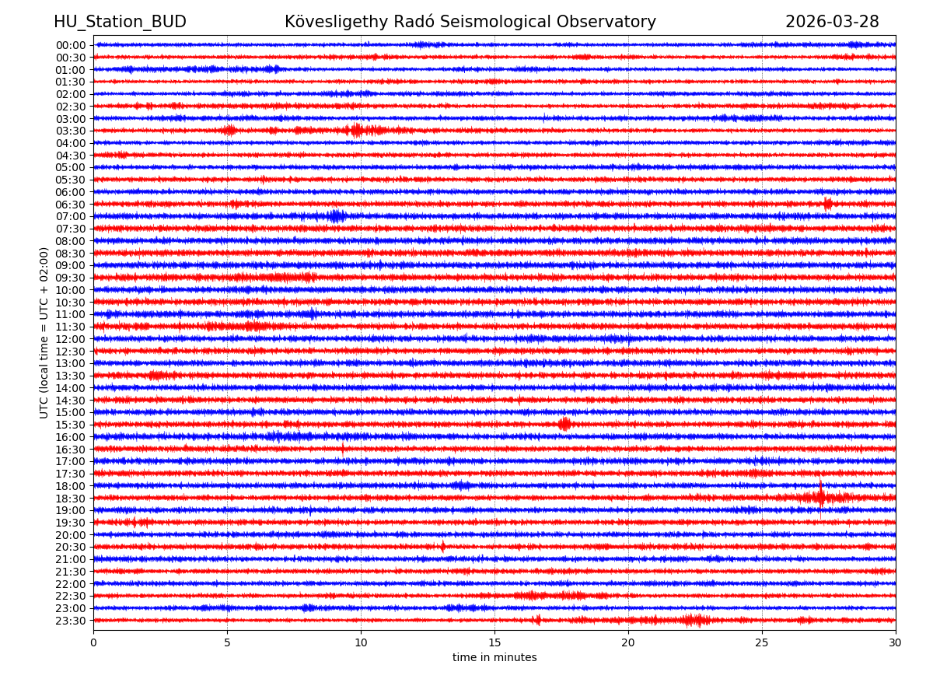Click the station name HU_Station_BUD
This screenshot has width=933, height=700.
pos(120,22)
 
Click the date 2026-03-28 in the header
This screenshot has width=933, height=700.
pos(832,22)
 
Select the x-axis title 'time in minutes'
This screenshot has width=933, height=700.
pos(494,658)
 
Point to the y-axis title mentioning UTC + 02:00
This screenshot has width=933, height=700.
pos(44,332)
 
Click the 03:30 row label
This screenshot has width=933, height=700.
pos(71,131)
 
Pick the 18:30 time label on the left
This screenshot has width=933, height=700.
pos(71,498)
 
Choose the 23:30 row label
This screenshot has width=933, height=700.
pos(71,621)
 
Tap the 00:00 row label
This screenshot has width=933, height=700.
pos(71,45)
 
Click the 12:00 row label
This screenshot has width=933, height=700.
pos(71,339)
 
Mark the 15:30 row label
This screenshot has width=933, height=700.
pos(71,425)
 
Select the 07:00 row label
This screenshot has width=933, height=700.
pos(71,216)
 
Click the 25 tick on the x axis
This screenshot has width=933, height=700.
pos(762,642)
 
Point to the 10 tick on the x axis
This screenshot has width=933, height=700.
pos(361,642)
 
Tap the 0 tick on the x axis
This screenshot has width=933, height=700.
pos(93,642)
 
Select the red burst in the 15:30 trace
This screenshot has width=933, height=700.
pos(564,424)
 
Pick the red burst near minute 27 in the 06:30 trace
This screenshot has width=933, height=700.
pos(828,204)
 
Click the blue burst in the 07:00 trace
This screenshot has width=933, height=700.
pos(336,216)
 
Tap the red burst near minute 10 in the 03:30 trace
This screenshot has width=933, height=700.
pos(357,130)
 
